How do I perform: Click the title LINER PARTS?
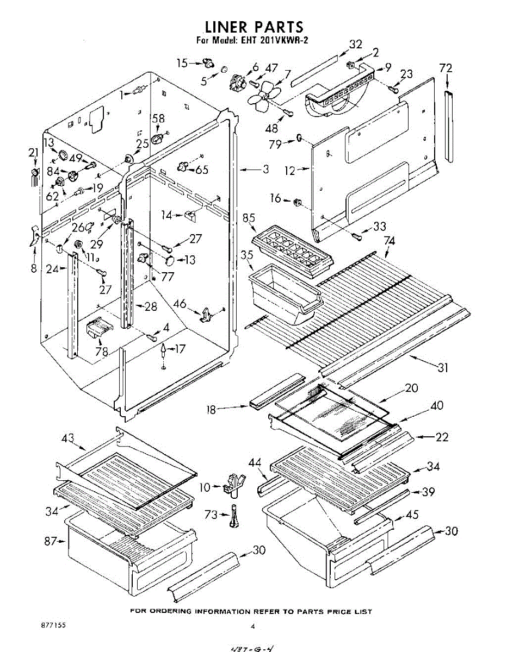254,27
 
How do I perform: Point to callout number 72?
446,68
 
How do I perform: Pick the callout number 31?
443,368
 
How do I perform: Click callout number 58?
158,120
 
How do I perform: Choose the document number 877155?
53,625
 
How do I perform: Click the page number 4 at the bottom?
252,626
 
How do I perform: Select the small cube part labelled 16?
297,202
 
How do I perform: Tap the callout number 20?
411,388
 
